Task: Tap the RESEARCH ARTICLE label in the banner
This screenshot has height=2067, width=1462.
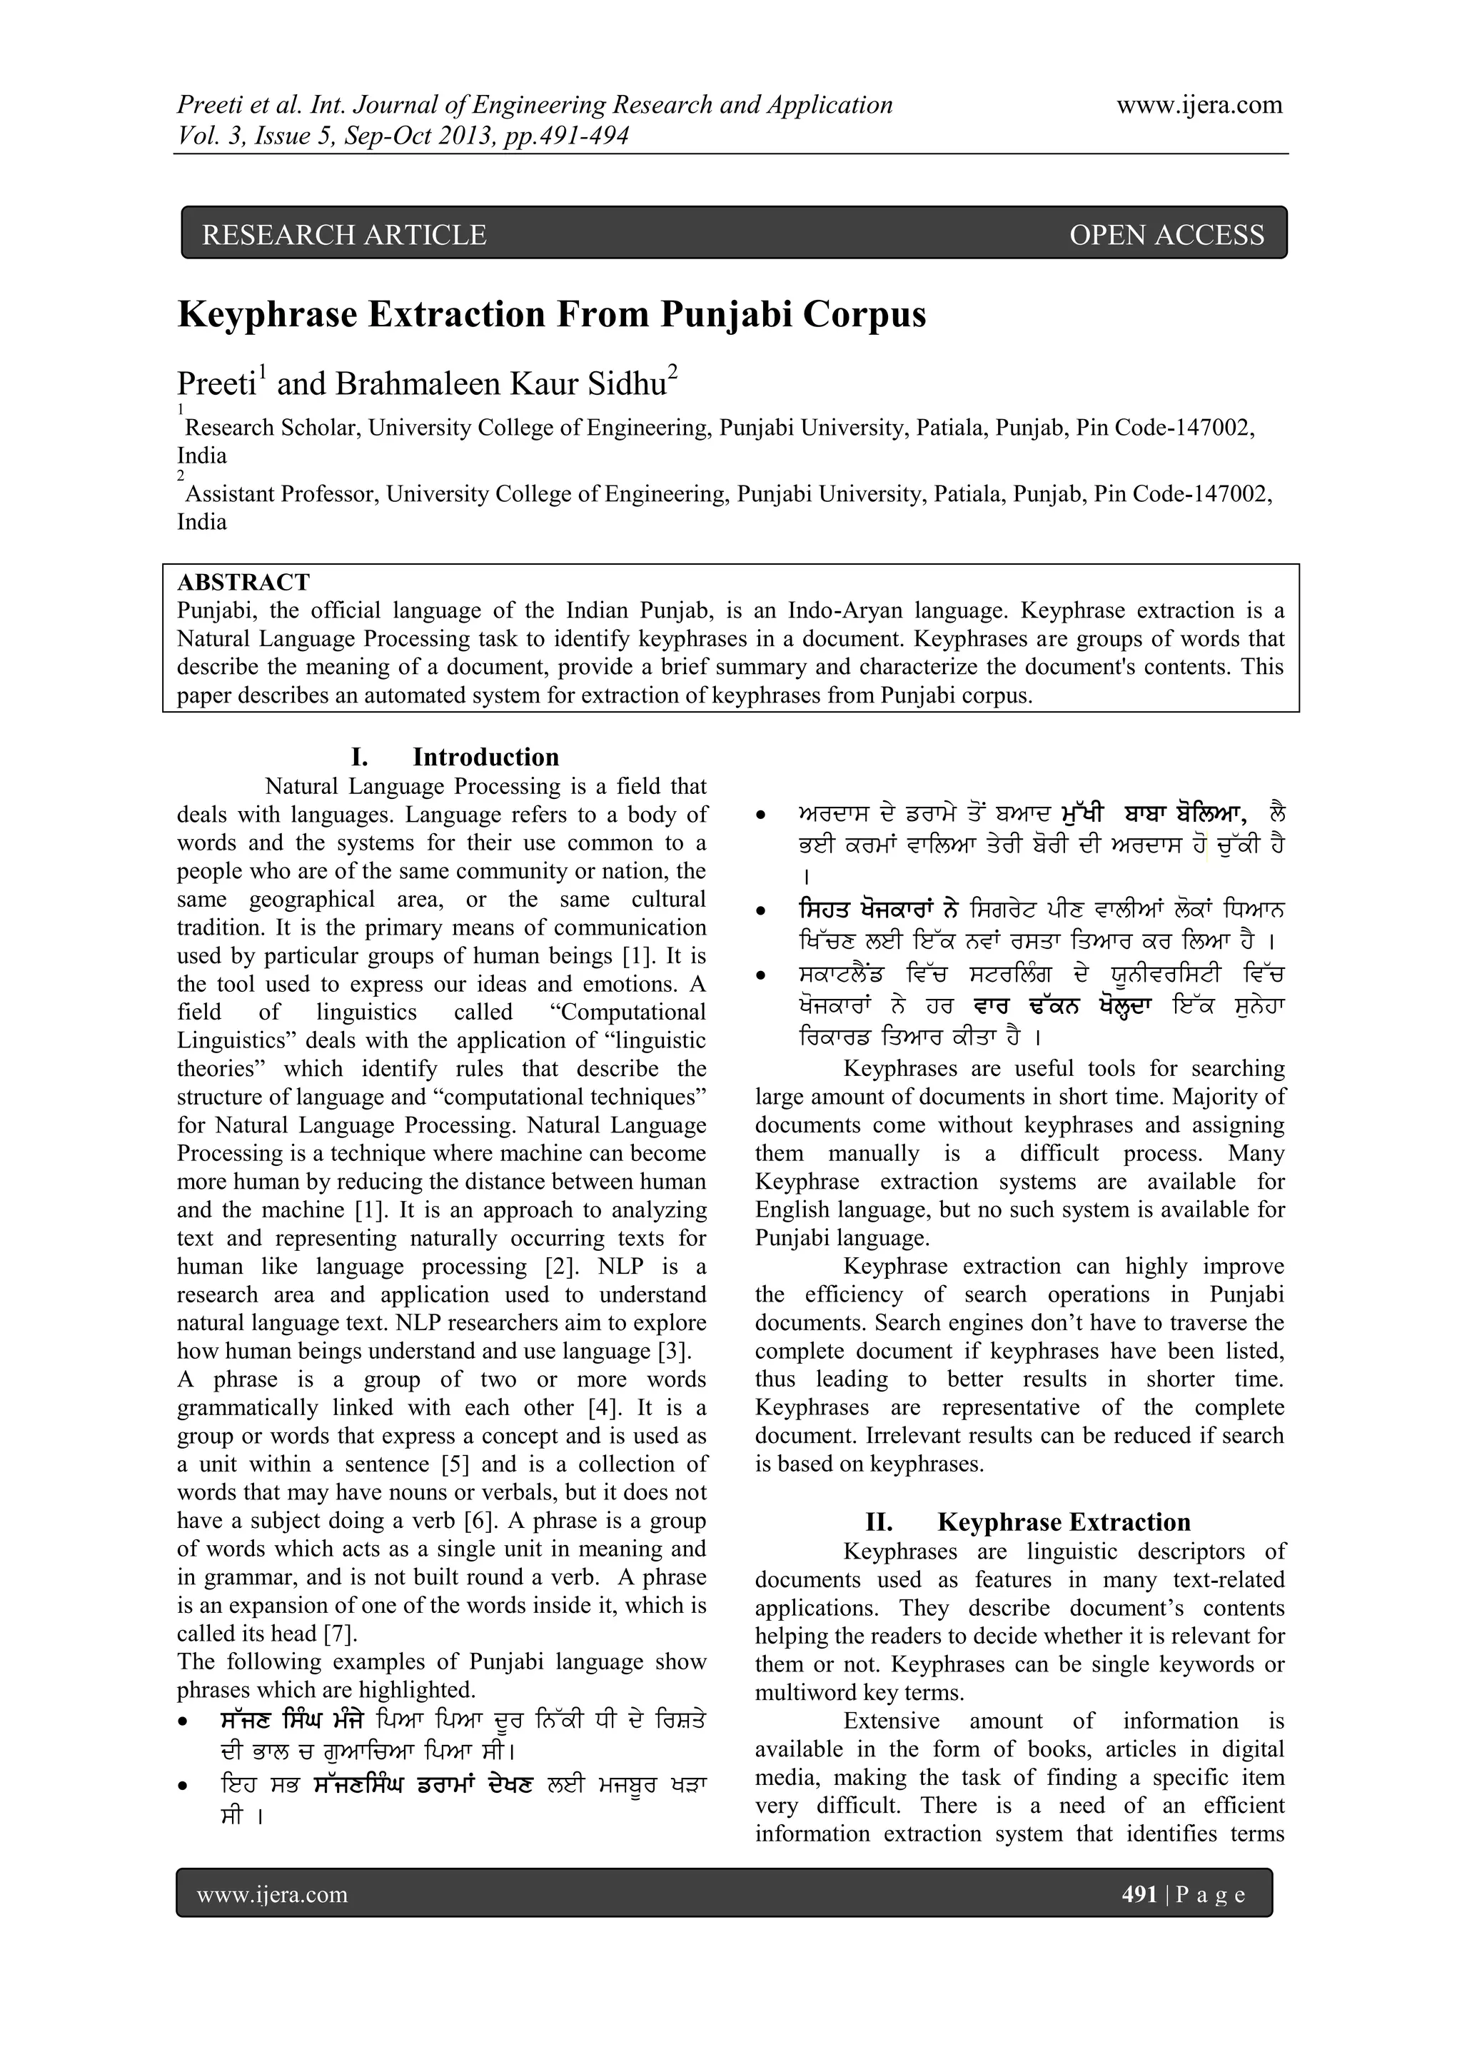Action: (x=344, y=235)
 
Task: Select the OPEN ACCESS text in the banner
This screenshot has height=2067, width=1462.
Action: (x=1166, y=235)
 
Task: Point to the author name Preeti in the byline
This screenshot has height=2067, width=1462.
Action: (x=216, y=384)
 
